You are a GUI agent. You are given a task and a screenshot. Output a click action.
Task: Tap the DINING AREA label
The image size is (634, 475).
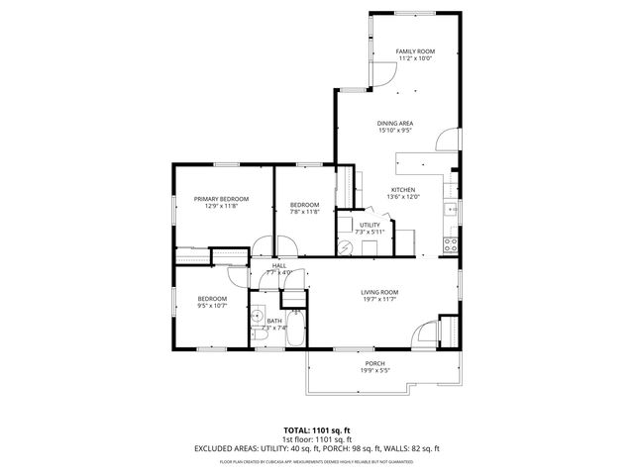point(394,123)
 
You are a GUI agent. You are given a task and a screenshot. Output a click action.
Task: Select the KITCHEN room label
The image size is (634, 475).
point(402,190)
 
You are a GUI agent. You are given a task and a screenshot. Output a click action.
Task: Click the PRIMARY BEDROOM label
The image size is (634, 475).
point(220,199)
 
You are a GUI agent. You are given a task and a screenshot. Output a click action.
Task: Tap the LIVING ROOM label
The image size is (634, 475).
point(379,292)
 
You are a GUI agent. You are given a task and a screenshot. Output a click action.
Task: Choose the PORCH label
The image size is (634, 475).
point(375,363)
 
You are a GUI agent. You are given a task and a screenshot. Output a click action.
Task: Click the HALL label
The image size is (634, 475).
point(279,265)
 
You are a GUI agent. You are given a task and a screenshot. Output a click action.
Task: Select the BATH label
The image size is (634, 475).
point(274,321)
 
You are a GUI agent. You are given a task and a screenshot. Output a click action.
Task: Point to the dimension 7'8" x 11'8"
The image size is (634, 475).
point(304,212)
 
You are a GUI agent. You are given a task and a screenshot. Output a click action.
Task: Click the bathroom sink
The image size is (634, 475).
point(257,319)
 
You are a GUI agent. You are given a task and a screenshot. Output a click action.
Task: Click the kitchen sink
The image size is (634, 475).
point(451,209)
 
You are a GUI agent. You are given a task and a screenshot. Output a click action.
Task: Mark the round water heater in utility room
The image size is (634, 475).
point(344,245)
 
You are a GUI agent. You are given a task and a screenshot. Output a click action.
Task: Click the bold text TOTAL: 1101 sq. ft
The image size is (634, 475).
point(316,429)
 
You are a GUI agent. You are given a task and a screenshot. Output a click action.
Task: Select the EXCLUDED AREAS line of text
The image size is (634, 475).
point(316,448)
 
